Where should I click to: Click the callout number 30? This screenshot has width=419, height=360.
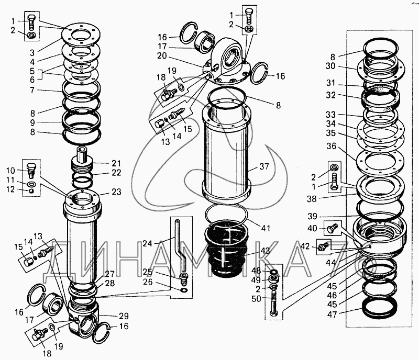click(329, 66)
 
